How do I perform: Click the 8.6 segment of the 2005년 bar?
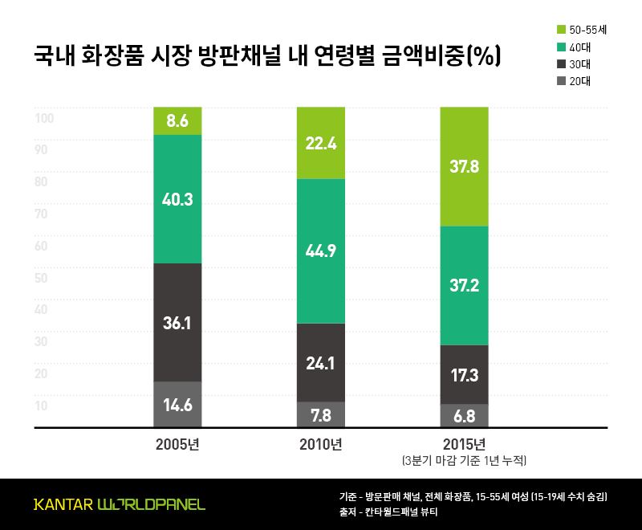pos(177,121)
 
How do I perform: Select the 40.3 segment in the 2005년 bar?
pos(177,198)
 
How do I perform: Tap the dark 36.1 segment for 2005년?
pos(177,322)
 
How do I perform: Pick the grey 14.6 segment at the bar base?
pos(177,405)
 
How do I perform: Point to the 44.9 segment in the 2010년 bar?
pos(320,251)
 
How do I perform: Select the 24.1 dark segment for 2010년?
pos(320,362)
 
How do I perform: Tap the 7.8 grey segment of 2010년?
pos(320,414)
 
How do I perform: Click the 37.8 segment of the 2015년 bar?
pos(464,166)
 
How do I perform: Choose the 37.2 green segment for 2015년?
pos(464,285)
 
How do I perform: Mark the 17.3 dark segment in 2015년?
pos(464,374)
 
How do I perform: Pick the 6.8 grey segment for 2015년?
pos(464,416)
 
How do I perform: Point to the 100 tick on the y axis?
pos(43,119)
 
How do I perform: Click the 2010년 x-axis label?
pos(320,444)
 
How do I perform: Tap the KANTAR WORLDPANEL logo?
pos(119,504)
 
